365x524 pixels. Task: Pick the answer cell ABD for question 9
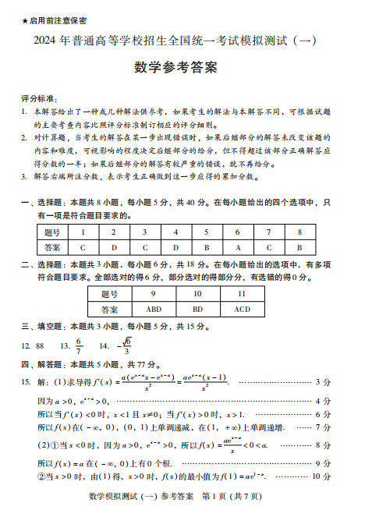(x=154, y=309)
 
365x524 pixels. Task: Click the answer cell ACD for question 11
(x=242, y=309)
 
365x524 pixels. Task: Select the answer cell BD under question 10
(x=197, y=309)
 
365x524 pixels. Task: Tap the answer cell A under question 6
(x=237, y=247)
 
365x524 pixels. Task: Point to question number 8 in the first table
(x=298, y=232)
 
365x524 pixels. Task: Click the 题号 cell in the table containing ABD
(x=109, y=294)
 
